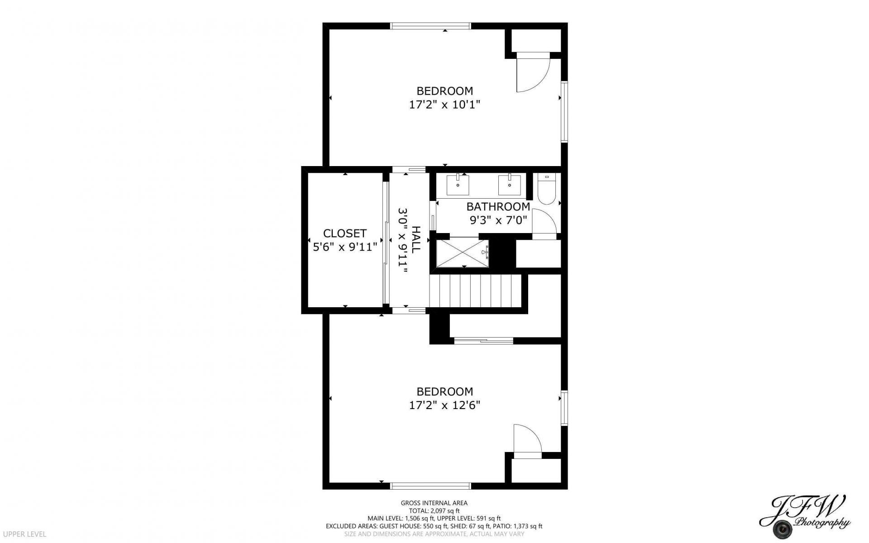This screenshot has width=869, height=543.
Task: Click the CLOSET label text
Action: pos(345,233)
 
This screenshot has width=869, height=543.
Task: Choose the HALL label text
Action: pos(416,239)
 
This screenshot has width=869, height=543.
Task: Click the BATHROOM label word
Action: pos(498,207)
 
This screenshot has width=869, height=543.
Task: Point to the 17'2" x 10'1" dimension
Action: pos(444,105)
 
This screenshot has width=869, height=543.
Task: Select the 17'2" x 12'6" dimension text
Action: pos(444,405)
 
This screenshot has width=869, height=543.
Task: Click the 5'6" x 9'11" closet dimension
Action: pos(345,247)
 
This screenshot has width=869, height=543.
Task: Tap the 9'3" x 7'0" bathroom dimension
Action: pos(498,220)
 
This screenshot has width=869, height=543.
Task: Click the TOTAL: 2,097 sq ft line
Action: pos(434,510)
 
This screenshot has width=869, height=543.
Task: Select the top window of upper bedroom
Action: pos(431,26)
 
